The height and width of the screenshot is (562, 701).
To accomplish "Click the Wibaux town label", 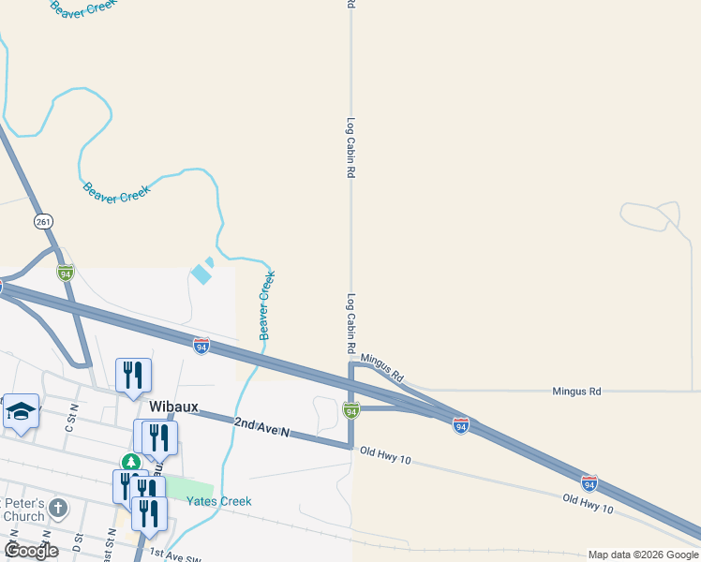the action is [173, 407].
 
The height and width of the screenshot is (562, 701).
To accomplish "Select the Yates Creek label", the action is [218, 501].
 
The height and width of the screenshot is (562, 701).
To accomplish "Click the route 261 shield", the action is [43, 221].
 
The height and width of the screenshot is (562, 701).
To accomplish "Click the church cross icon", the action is [58, 509].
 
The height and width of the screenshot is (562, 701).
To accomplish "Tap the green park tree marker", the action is [131, 462].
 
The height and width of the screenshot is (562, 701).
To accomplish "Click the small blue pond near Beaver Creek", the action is [201, 274].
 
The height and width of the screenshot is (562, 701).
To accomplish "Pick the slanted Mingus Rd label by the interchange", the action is [381, 366].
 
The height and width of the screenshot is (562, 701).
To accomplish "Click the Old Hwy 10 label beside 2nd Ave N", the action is [384, 458].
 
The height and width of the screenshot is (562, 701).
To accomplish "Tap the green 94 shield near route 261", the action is [65, 273].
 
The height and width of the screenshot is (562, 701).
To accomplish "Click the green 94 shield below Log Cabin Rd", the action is [350, 410].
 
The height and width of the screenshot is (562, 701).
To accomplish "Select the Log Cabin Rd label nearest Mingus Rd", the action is [350, 323].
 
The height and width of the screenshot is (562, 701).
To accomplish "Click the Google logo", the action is [30, 551].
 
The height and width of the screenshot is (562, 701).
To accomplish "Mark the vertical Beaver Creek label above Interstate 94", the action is [266, 305].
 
